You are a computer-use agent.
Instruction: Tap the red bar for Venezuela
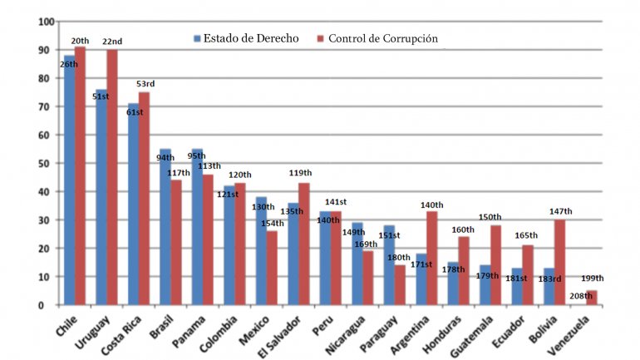pos(591,298)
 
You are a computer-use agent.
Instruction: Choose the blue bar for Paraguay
pos(389,265)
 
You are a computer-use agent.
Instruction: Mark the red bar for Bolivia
pos(560,263)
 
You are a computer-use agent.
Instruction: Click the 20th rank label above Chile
pos(80,41)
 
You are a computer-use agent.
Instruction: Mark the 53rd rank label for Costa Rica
pos(145,84)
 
